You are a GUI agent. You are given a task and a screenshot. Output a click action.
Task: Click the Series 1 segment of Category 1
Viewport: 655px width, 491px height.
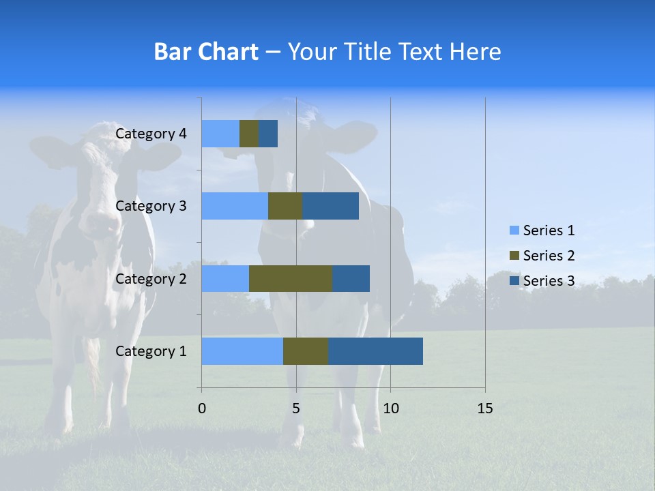[x=242, y=351]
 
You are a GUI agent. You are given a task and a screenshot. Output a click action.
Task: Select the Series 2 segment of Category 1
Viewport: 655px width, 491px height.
[x=306, y=351]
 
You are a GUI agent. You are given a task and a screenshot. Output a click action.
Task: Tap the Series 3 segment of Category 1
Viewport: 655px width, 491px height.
[x=375, y=351]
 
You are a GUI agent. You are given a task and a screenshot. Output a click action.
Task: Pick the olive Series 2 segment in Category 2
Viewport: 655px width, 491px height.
[x=291, y=278]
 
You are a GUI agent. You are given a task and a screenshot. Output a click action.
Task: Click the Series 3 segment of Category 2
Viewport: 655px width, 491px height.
[x=351, y=278]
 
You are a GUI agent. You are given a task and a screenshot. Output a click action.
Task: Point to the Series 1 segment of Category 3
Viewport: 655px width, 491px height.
[x=235, y=206]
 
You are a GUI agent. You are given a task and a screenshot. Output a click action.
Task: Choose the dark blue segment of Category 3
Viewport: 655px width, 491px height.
[x=330, y=206]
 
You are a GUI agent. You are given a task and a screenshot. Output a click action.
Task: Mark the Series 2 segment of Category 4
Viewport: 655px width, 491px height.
[x=249, y=134]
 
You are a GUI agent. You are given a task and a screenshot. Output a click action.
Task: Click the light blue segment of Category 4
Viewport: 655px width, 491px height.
[x=220, y=134]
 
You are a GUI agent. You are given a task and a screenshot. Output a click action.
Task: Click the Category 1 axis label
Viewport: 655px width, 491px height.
[x=151, y=351]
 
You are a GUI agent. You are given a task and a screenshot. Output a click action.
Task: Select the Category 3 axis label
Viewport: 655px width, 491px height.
[x=151, y=206]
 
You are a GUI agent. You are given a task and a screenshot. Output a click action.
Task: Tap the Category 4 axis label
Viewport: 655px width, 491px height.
[x=151, y=134]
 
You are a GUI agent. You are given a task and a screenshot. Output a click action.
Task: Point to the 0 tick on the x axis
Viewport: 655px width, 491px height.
[x=202, y=408]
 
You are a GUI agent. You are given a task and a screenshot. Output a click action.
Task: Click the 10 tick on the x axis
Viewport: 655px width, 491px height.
[x=390, y=408]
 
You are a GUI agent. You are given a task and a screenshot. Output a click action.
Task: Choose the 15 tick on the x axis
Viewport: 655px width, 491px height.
[x=484, y=408]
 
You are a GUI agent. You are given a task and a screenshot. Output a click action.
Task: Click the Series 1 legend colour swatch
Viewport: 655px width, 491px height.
[x=514, y=230]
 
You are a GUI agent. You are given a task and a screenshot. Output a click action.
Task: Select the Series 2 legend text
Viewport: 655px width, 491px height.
[x=549, y=256]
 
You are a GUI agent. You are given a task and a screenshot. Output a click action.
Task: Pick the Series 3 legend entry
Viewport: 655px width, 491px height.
[x=542, y=281]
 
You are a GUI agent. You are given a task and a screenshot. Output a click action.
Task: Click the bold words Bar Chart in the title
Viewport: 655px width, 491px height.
[x=206, y=52]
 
